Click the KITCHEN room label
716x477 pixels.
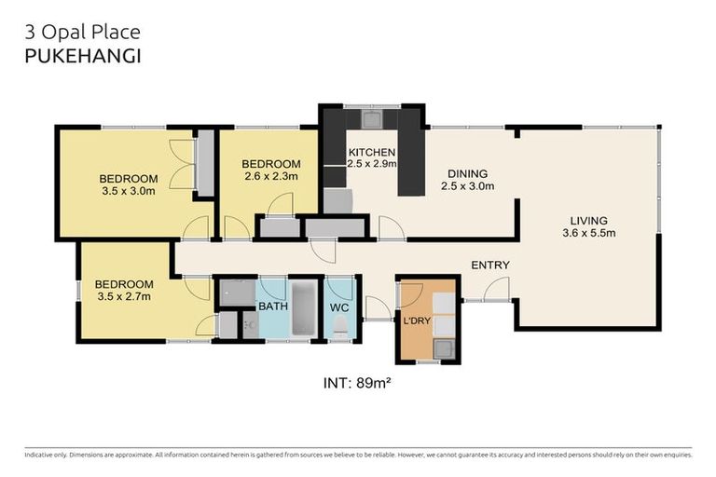[x=372, y=152]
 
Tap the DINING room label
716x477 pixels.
[x=467, y=173]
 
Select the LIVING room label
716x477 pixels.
[x=588, y=221]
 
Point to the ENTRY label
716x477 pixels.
[x=490, y=265]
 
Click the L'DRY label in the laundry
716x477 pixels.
[x=417, y=320]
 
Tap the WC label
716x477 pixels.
[x=339, y=307]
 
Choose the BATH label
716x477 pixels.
[x=273, y=306]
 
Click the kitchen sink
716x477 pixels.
[x=372, y=118]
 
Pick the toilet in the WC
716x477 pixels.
[x=340, y=327]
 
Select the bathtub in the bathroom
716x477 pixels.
[x=304, y=308]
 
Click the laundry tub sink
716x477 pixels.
[x=444, y=349]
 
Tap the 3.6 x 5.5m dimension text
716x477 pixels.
[x=588, y=233]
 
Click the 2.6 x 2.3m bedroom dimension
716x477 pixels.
[x=271, y=176]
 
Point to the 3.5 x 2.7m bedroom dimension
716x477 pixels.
[x=124, y=296]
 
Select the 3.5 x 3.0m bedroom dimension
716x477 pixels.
[x=129, y=191]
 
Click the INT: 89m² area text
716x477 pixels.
[x=357, y=383]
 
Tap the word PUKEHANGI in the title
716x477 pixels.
[x=83, y=56]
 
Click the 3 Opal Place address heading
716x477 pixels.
[x=83, y=32]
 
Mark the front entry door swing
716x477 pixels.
[x=496, y=289]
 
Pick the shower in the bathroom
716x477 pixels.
[x=238, y=293]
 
